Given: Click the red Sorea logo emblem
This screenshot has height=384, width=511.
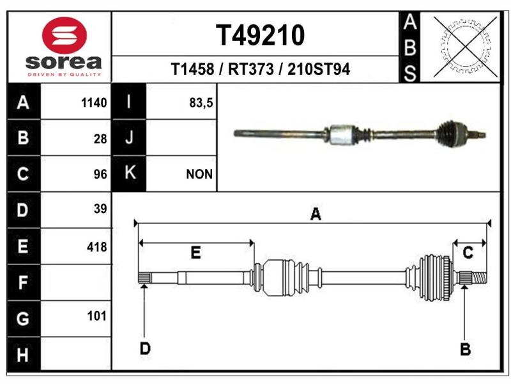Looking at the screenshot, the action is pos(65,35).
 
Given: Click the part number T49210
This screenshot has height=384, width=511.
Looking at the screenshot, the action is pos(260,35).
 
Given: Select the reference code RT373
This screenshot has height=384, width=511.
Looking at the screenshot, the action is pos(250,69).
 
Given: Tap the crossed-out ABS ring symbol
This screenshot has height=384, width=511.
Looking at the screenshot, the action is pos(466,47).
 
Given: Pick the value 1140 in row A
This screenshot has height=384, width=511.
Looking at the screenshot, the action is pos(94,102).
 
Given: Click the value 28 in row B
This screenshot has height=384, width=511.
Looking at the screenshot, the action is pos(100,139).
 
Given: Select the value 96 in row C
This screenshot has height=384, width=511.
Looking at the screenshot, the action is pos(100,174).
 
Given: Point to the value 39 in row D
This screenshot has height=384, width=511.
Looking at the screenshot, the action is pos(100,209).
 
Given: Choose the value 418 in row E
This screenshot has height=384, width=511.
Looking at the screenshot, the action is pos(97,247).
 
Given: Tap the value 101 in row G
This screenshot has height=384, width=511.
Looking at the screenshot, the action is pos(97,316).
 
